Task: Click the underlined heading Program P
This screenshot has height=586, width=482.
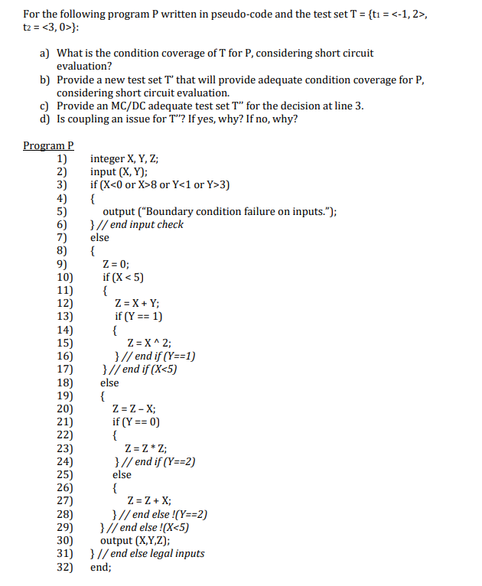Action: pos(48,145)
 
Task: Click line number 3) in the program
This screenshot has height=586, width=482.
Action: pos(64,185)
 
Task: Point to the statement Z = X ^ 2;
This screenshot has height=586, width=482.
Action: pos(149,343)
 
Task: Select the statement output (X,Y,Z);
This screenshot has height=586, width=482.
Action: pos(137,540)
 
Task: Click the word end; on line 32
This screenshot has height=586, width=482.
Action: pos(101,567)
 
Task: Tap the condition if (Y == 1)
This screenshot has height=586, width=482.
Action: pos(138,317)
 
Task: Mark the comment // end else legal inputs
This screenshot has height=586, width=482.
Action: pos(151,554)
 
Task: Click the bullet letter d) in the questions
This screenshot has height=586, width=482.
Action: pos(45,119)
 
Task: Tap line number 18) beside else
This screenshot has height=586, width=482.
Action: pos(65,383)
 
